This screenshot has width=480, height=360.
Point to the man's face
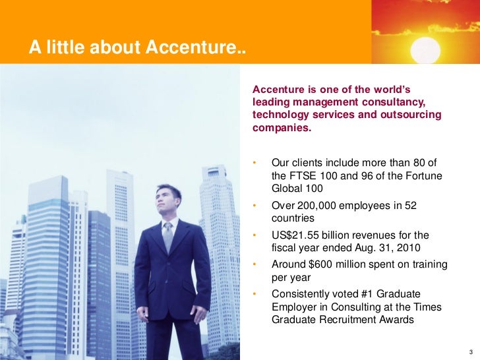click(167, 199)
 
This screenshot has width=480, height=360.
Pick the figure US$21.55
click(297, 235)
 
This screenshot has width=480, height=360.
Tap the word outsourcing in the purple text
click(409, 115)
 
